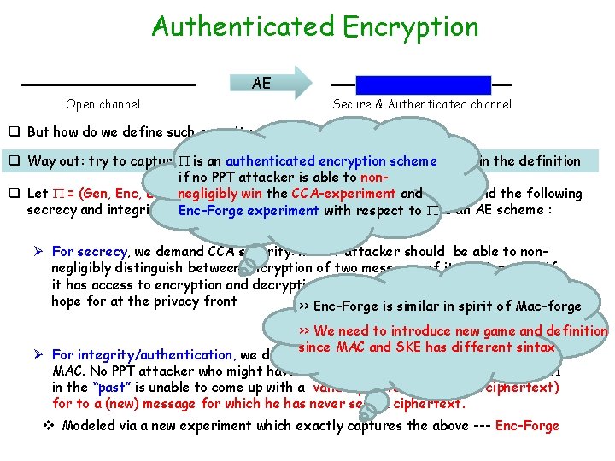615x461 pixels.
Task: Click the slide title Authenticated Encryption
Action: pos(315,26)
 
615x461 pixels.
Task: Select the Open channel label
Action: pos(103,105)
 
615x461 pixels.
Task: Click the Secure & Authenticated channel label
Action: pos(422,105)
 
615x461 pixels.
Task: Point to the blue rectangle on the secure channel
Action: pos(424,85)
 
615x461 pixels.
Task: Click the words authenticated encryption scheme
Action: pos(331,160)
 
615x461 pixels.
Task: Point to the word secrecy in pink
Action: pos(102,252)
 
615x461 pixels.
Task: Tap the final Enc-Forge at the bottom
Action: pos(526,425)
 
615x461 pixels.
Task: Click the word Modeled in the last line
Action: pos(90,425)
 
